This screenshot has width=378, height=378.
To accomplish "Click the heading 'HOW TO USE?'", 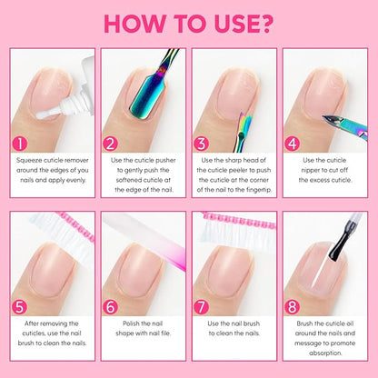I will (x=188, y=23).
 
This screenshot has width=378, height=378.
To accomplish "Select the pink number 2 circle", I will (x=111, y=142).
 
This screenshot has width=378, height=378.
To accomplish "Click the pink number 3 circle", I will (x=201, y=142).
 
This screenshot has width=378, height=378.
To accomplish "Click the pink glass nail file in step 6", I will (x=145, y=232).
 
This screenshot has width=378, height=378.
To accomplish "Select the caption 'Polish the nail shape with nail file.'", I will (x=144, y=329).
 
